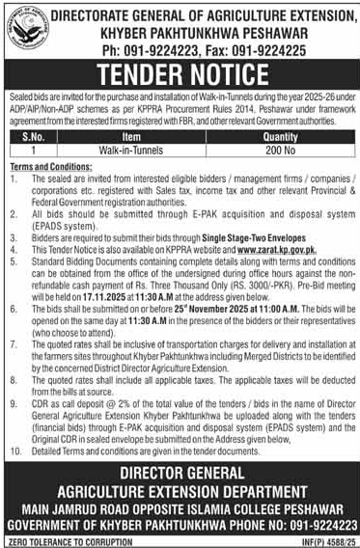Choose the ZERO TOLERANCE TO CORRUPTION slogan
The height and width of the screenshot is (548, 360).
(68, 540)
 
